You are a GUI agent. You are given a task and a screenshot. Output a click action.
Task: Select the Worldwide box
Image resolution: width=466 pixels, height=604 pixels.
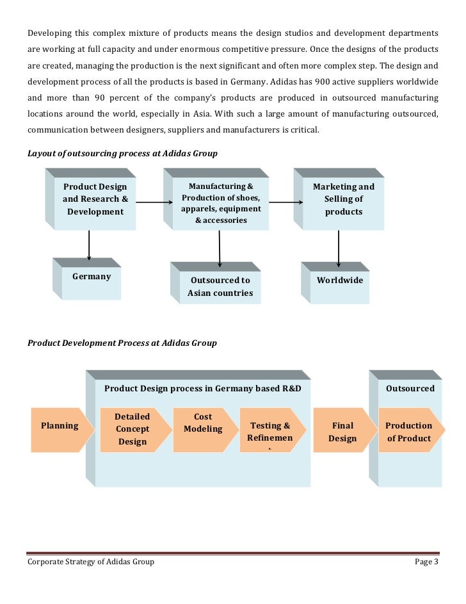click(x=339, y=283)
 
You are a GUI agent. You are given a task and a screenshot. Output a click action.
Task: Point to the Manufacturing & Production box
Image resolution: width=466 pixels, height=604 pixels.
click(x=221, y=203)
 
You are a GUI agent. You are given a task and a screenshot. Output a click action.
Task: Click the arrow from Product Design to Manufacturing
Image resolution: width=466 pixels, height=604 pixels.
click(x=154, y=203)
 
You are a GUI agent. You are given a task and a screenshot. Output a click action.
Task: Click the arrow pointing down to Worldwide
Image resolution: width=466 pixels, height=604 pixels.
click(x=339, y=246)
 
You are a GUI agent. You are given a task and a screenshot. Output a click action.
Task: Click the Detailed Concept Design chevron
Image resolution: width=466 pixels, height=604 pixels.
click(x=132, y=429)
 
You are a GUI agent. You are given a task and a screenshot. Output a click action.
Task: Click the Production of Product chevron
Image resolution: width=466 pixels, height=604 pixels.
click(x=408, y=432)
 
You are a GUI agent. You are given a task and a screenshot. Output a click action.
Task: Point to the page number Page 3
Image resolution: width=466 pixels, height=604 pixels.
click(x=427, y=562)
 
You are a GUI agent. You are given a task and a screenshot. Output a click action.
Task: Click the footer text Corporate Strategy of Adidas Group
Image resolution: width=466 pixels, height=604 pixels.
click(x=90, y=562)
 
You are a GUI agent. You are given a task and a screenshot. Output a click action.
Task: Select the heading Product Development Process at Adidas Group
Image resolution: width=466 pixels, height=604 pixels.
click(x=122, y=343)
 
